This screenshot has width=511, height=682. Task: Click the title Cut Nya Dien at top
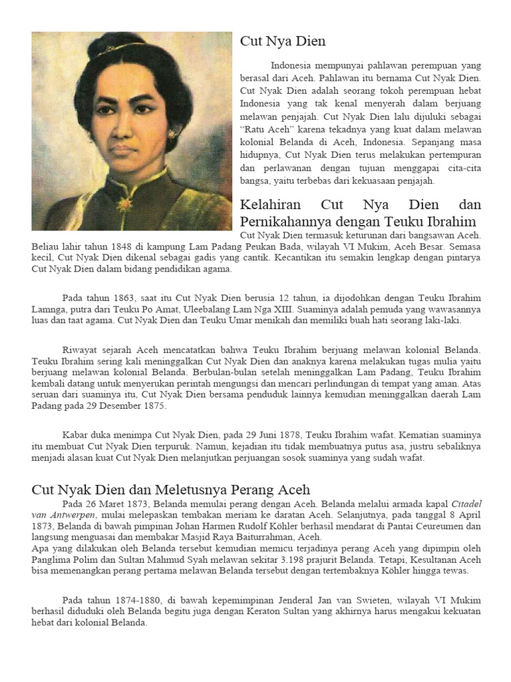click(x=283, y=42)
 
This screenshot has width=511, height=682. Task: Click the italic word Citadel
click(x=465, y=504)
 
